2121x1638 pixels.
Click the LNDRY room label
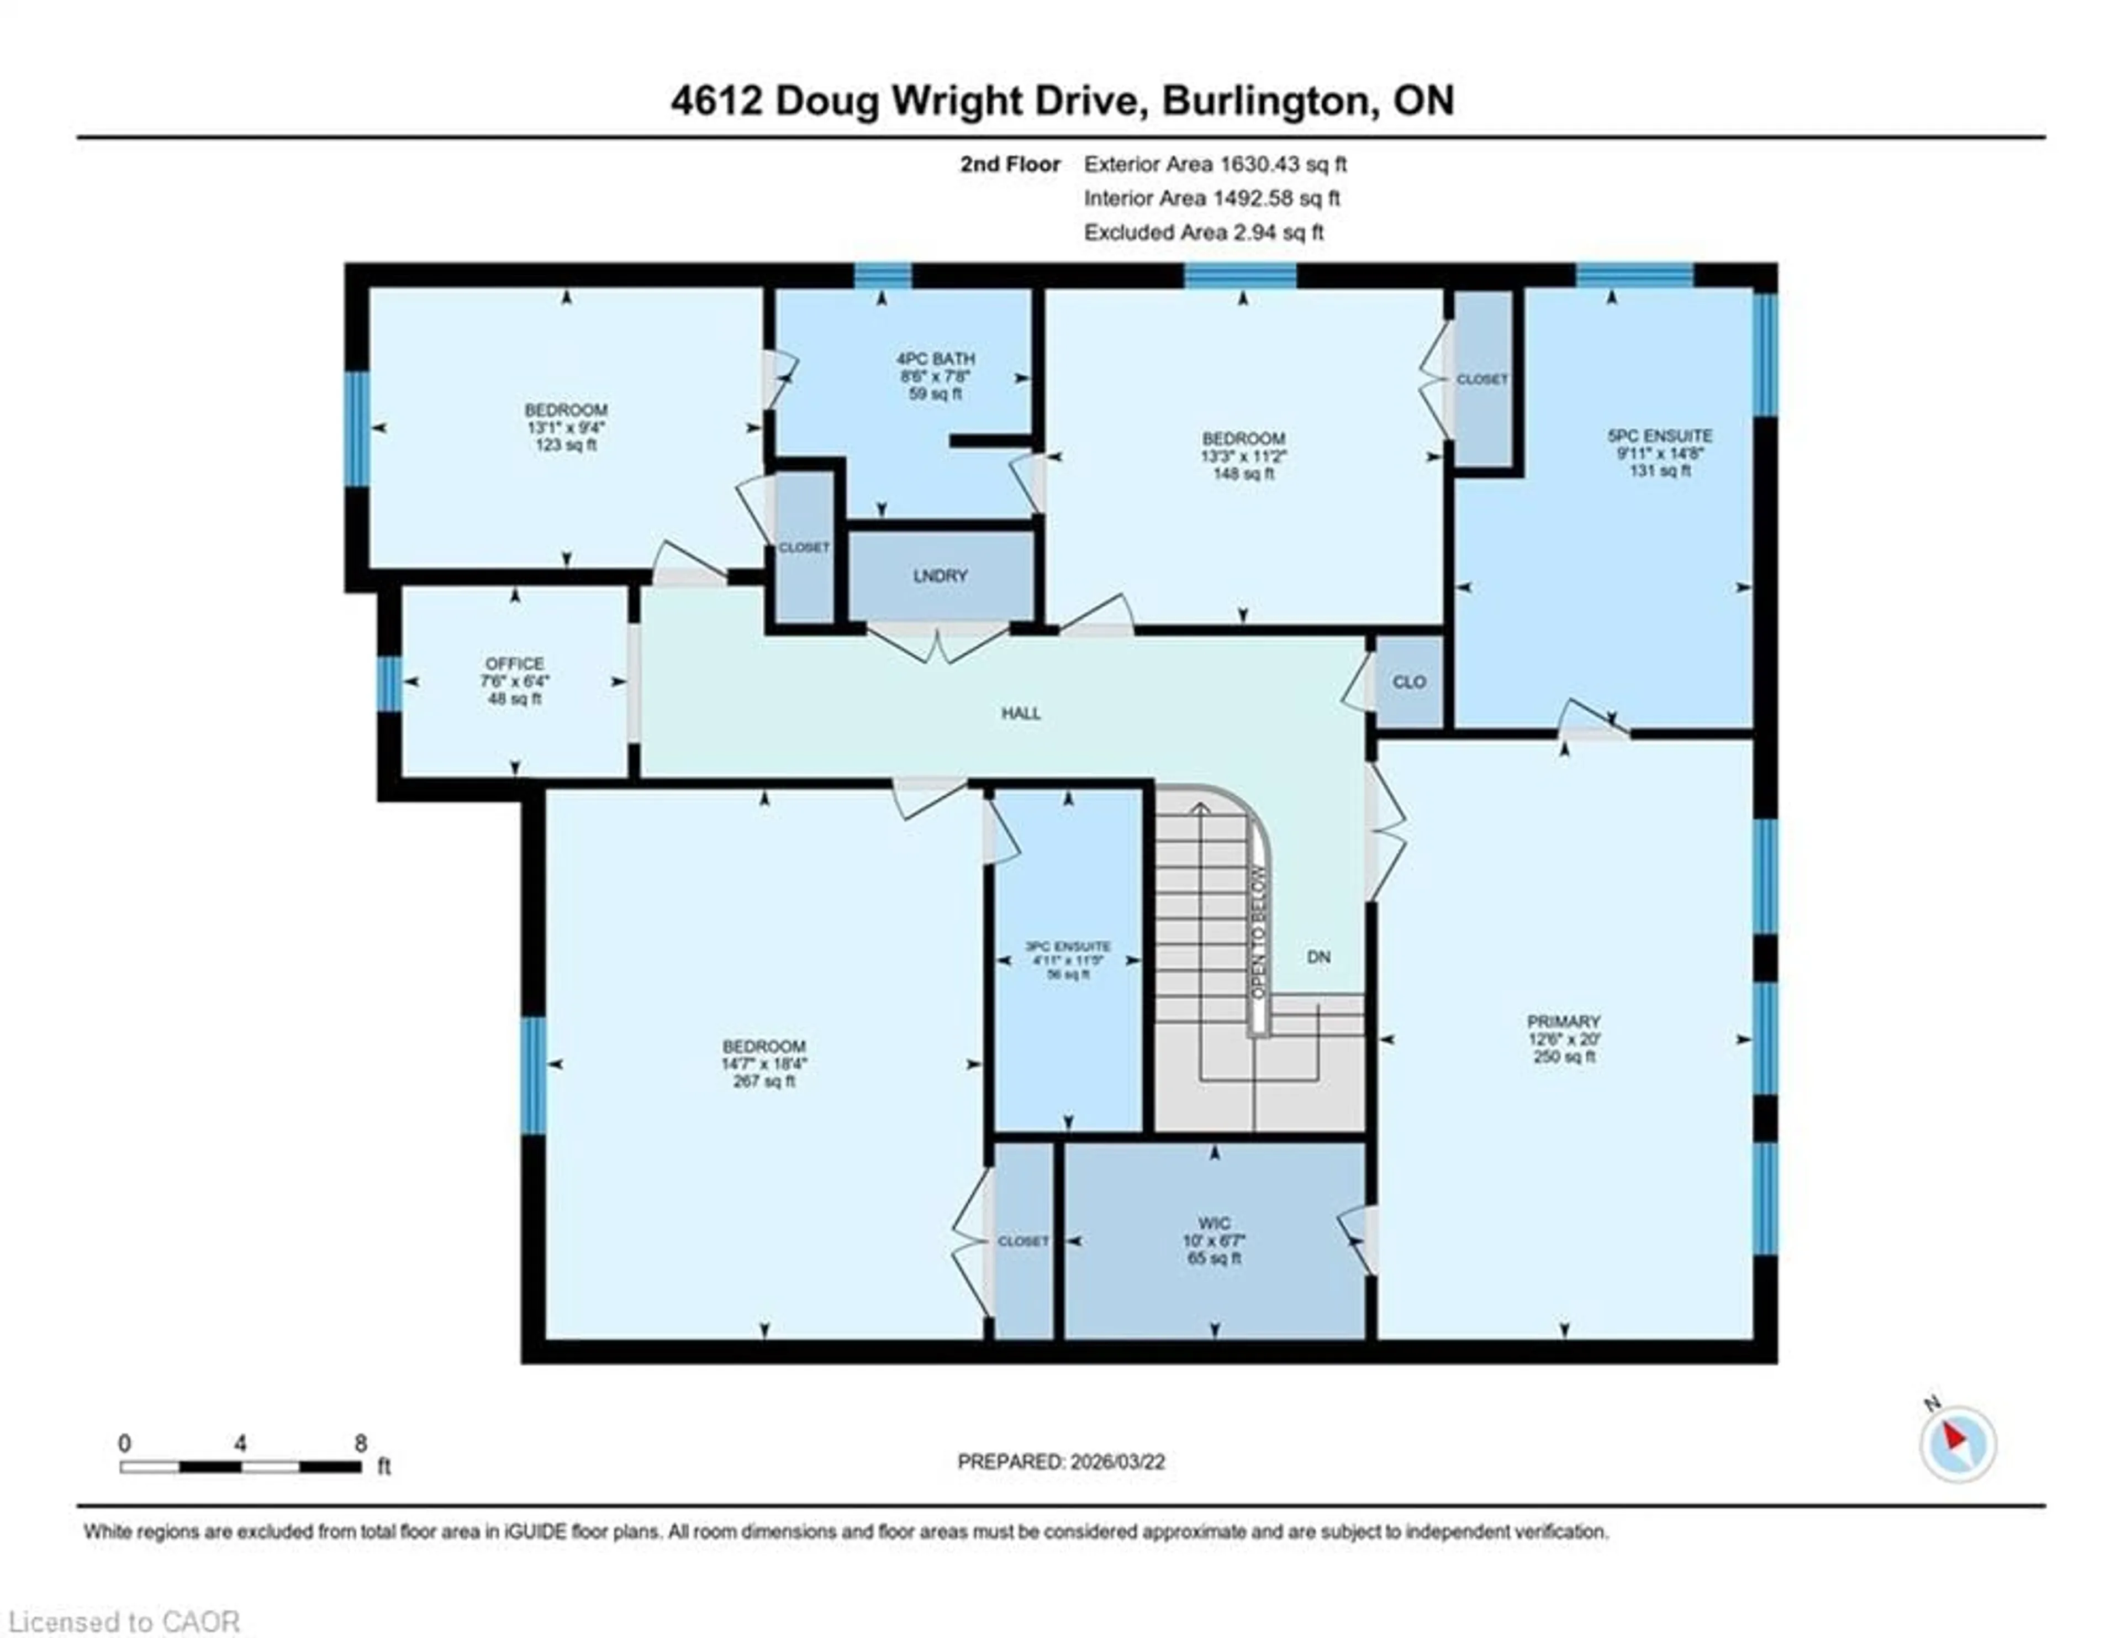tap(939, 576)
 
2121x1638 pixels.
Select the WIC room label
tap(1214, 1223)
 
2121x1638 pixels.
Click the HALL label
tap(1021, 713)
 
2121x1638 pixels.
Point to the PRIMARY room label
tap(1563, 1021)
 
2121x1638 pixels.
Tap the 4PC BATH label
tap(935, 359)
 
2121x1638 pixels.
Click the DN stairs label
tap(1318, 957)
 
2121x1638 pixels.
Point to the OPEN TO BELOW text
tap(1259, 933)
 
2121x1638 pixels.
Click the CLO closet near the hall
tap(1408, 682)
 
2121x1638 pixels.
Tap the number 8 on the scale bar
tap(360, 1443)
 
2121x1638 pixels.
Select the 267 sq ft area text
tap(764, 1081)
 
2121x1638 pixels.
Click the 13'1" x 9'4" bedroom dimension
tap(566, 428)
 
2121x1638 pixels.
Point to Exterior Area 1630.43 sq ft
tap(1215, 164)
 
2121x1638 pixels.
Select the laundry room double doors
tap(937, 643)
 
